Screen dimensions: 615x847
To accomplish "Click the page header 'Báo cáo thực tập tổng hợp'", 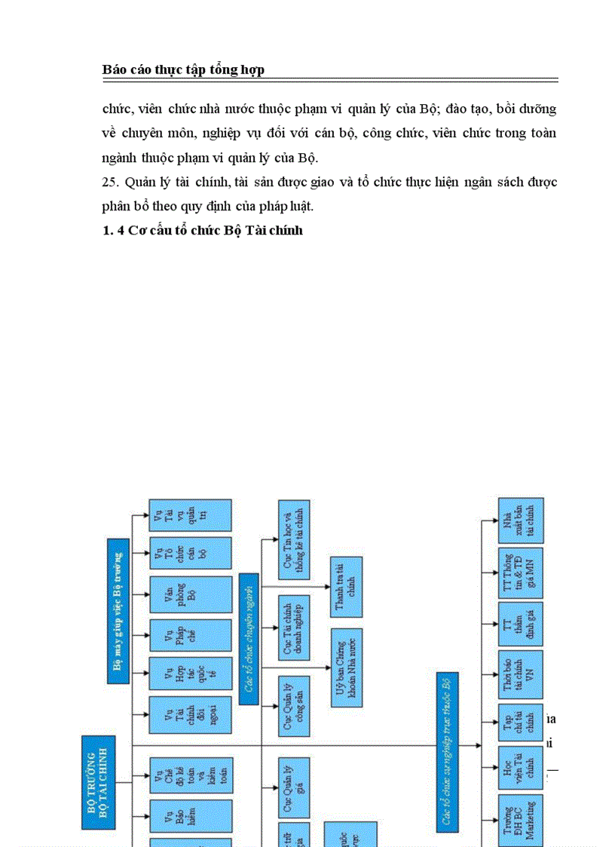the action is [183, 70].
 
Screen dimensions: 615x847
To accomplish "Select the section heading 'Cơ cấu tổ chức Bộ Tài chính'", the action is [202, 231].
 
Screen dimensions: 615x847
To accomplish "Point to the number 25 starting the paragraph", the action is [110, 183].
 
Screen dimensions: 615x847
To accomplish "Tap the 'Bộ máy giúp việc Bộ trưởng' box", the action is [118, 610].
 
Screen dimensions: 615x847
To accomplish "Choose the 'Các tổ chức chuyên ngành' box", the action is [249, 638].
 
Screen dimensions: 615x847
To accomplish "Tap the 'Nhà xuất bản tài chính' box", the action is [521, 520].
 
